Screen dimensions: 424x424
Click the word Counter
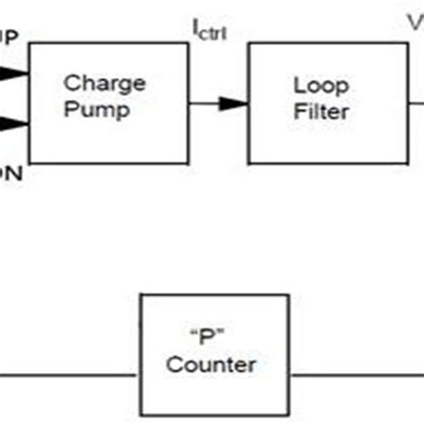(x=212, y=365)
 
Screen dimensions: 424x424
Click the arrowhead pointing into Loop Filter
(x=234, y=105)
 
